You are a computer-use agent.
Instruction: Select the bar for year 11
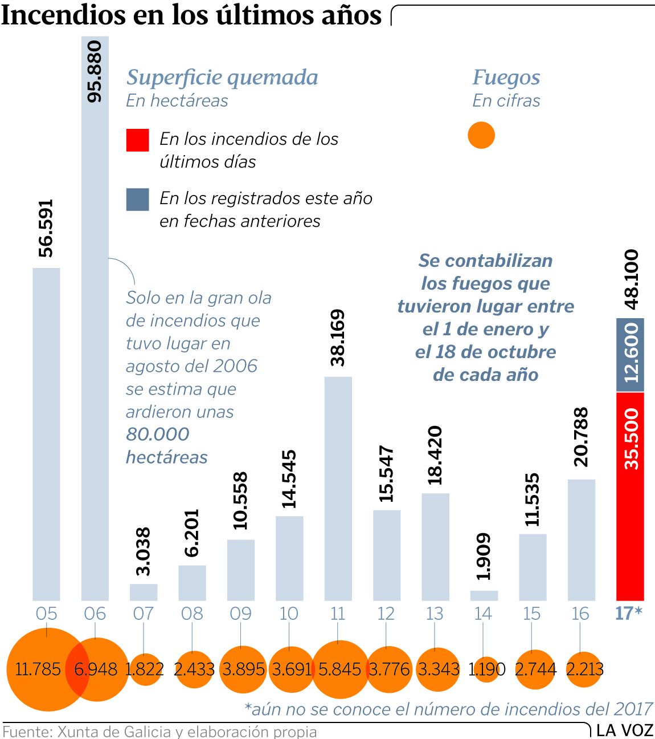tap(338, 488)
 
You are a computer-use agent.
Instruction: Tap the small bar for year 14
tap(484, 595)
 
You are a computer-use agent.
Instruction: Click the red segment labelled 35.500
tap(630, 496)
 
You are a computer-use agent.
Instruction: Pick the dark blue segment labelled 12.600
tap(630, 355)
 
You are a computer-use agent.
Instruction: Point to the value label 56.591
tap(46, 228)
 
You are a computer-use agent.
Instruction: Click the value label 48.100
tap(631, 279)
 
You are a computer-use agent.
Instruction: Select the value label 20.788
tap(581, 437)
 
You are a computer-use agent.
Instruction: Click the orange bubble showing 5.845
tap(340, 669)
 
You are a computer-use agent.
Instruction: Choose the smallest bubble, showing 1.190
tap(486, 669)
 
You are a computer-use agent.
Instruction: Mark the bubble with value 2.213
tap(584, 669)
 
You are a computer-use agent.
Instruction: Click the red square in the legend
tap(137, 140)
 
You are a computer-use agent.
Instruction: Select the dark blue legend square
tap(137, 200)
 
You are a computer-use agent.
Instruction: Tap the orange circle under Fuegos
tap(481, 136)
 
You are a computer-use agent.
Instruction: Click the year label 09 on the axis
tap(240, 614)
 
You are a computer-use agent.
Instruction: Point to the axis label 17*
tap(629, 614)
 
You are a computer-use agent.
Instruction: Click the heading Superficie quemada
tap(222, 77)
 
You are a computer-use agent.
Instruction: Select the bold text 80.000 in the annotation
tap(157, 434)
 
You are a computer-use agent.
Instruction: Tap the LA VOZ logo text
tap(625, 730)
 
